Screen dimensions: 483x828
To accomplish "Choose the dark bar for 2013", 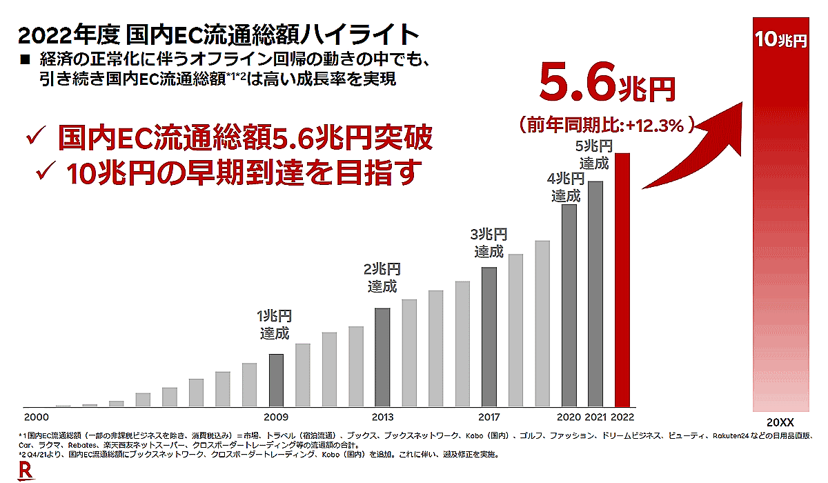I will click(x=382, y=357).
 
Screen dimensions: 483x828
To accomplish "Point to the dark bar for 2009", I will click(x=276, y=380).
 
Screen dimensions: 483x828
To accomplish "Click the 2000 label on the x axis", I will click(x=36, y=417).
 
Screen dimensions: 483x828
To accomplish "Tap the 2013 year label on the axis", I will click(x=382, y=417).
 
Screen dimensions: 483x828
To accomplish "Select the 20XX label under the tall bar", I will click(x=780, y=421).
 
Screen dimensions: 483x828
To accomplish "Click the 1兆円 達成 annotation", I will click(x=275, y=325).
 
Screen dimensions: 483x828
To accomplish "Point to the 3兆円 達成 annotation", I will click(x=489, y=243).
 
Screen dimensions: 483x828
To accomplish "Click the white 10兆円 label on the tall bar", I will click(x=780, y=40).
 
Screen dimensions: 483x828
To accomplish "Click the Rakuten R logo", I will click(x=26, y=471).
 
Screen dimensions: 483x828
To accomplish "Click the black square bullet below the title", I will click(x=25, y=61).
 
